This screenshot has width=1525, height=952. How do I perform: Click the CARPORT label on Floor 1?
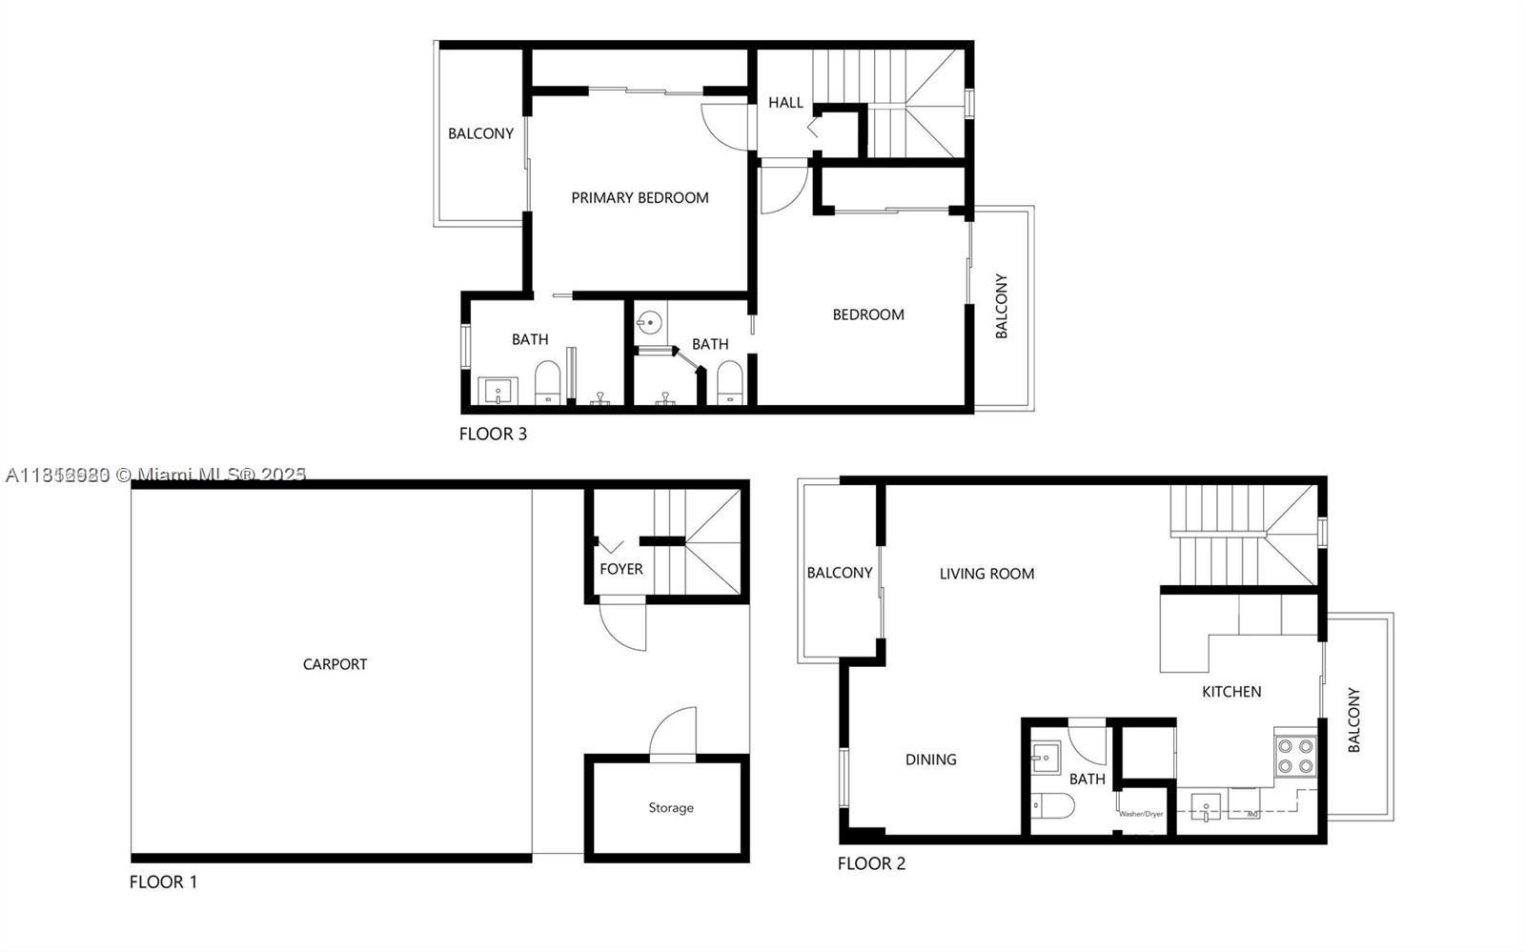(335, 664)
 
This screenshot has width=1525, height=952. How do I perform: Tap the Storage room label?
(671, 808)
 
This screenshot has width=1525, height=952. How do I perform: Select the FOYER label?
(620, 569)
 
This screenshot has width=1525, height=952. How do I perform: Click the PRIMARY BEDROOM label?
(640, 198)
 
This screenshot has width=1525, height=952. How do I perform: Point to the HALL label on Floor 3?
(785, 103)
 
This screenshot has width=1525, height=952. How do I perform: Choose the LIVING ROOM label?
(986, 574)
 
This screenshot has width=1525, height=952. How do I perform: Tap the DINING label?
(930, 760)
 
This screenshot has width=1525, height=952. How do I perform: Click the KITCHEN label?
(1231, 692)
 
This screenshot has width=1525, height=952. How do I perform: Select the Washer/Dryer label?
(1141, 814)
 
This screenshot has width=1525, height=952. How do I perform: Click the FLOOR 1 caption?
(163, 882)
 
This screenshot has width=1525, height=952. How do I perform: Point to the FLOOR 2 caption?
(871, 864)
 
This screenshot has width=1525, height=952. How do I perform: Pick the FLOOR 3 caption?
(493, 435)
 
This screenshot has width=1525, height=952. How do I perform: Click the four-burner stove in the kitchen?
(1295, 756)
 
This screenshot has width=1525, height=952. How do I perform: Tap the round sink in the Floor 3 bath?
(649, 322)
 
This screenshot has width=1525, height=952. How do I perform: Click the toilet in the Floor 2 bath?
(1054, 806)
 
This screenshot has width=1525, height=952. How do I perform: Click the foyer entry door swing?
(625, 624)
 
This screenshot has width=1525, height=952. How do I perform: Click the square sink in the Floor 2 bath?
(1046, 759)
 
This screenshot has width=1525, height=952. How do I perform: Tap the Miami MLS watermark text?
(156, 475)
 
